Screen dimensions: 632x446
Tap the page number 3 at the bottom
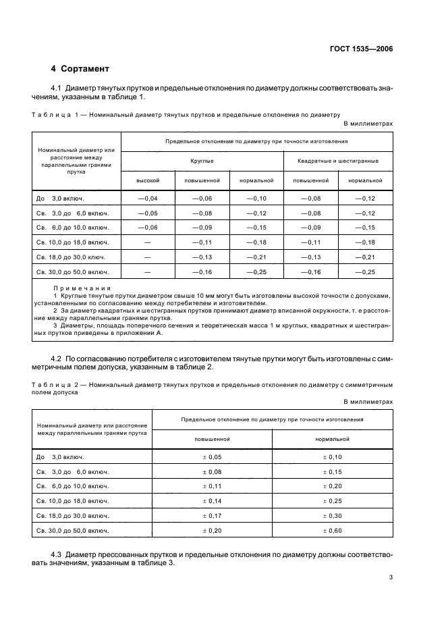pyautogui.click(x=391, y=577)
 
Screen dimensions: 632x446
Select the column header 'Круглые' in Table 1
pyautogui.click(x=202, y=161)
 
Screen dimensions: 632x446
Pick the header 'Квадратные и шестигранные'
pyautogui.click(x=337, y=161)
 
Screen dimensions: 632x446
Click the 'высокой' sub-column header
pyautogui.click(x=147, y=180)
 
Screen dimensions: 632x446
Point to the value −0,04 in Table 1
pyautogui.click(x=147, y=198)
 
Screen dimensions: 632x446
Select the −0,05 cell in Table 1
pyautogui.click(x=147, y=213)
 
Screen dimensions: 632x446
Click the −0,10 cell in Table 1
pyautogui.click(x=256, y=198)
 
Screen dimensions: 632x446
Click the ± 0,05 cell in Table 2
pyautogui.click(x=212, y=457)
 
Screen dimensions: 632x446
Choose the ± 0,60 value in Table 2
pyautogui.click(x=332, y=531)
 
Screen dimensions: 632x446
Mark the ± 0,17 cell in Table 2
pyautogui.click(x=212, y=516)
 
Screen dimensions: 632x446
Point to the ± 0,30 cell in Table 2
pyautogui.click(x=332, y=516)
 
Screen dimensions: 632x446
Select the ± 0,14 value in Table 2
pyautogui.click(x=212, y=501)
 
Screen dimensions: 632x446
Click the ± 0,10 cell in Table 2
pyautogui.click(x=332, y=457)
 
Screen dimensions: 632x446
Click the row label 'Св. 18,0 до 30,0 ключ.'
pyautogui.click(x=72, y=257)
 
